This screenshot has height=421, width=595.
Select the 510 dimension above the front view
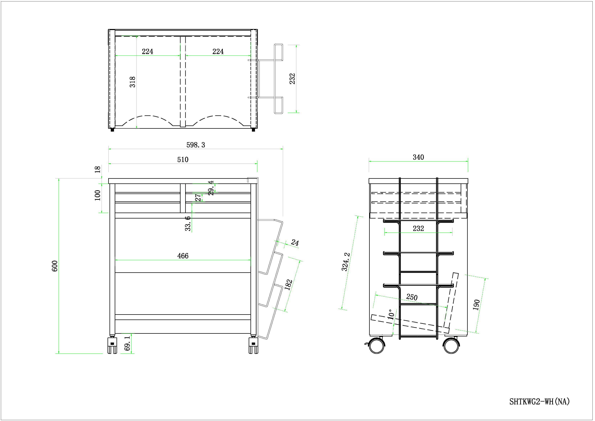point(183,159)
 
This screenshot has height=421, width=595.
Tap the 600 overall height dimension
point(55,266)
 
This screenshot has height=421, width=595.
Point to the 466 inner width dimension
point(183,256)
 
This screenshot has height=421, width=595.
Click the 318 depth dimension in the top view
point(132,82)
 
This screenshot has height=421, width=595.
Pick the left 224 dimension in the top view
point(147,51)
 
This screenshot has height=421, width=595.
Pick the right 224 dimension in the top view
point(218,51)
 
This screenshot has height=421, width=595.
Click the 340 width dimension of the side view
point(418,157)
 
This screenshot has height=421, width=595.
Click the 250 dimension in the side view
point(412,297)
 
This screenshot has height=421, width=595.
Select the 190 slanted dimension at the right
point(476,305)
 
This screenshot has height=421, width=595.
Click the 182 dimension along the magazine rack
point(288,285)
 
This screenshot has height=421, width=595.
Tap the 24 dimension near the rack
point(295,242)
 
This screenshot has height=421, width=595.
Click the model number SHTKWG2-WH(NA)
point(539,402)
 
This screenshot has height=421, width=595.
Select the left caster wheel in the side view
point(377,346)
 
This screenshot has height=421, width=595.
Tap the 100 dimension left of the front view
point(97,195)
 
